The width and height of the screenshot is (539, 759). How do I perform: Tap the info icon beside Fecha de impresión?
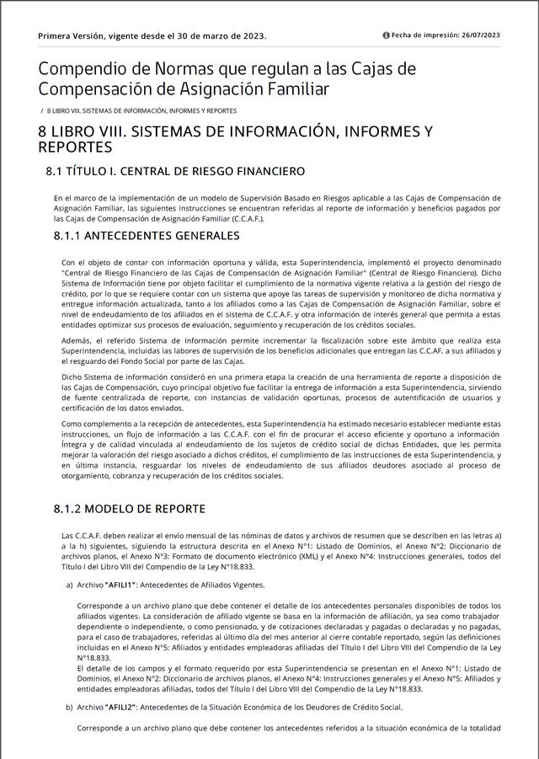point(387,35)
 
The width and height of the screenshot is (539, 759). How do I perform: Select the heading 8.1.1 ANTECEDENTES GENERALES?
point(147,235)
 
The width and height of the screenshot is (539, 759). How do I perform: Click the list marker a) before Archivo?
point(69,585)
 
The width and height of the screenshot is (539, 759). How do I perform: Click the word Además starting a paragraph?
point(76,340)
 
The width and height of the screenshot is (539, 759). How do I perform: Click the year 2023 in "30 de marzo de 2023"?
point(251,36)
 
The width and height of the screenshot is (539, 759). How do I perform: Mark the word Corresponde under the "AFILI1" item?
point(102,606)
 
